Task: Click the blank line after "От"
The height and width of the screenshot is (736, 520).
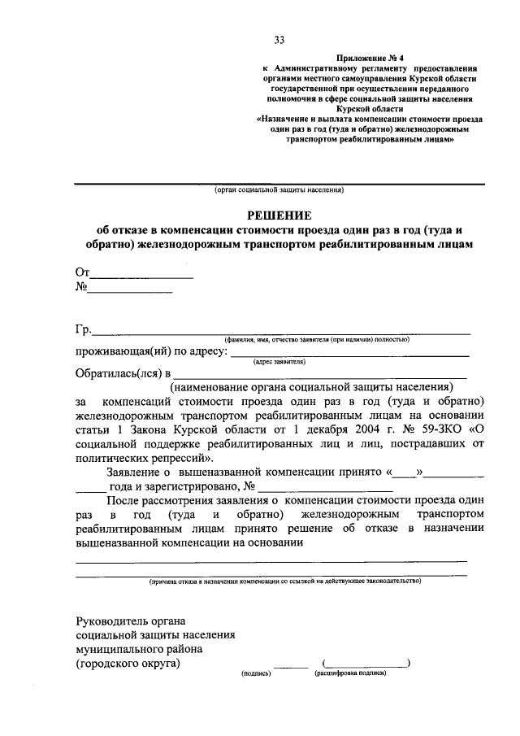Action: [x=141, y=272]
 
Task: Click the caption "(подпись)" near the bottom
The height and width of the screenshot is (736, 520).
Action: [x=256, y=674]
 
